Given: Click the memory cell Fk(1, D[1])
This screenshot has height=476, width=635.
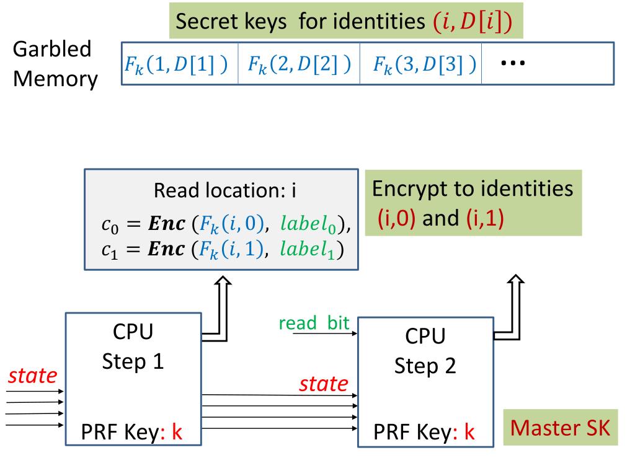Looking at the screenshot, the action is coord(180,64).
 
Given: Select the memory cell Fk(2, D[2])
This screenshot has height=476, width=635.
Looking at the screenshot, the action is coord(299,64).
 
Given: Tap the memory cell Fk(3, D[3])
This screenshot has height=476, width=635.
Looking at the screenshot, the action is coord(421,64).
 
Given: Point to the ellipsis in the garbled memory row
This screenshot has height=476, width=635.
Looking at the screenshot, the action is coord(513,63).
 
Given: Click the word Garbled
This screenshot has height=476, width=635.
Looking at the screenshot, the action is coord(52,50).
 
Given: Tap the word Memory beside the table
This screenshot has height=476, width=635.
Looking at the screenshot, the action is coord(55,79).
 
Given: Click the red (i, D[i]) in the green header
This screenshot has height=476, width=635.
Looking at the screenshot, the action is coord(473,21).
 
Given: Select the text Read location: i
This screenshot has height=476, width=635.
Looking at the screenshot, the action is coord(224,190).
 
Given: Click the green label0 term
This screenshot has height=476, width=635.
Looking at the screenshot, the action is coord(309,224).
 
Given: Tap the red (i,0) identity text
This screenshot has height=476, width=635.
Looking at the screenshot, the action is coord(396,218).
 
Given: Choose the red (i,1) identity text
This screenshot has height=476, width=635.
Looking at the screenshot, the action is coord(485,218).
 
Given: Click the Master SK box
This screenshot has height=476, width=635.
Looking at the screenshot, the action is coord(561,428).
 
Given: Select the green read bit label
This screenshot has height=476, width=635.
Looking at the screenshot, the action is coord(314,322).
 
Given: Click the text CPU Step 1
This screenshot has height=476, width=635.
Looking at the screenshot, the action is coord(133,346).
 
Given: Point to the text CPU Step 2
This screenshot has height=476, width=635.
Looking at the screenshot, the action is coord(425,351).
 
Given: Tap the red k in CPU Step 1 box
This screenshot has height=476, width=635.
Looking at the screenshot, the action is coord(177,431).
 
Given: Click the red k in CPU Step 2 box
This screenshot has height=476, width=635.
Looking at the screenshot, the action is coord(469,431).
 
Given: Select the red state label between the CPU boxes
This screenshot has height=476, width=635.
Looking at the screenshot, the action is coord(324,383).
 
